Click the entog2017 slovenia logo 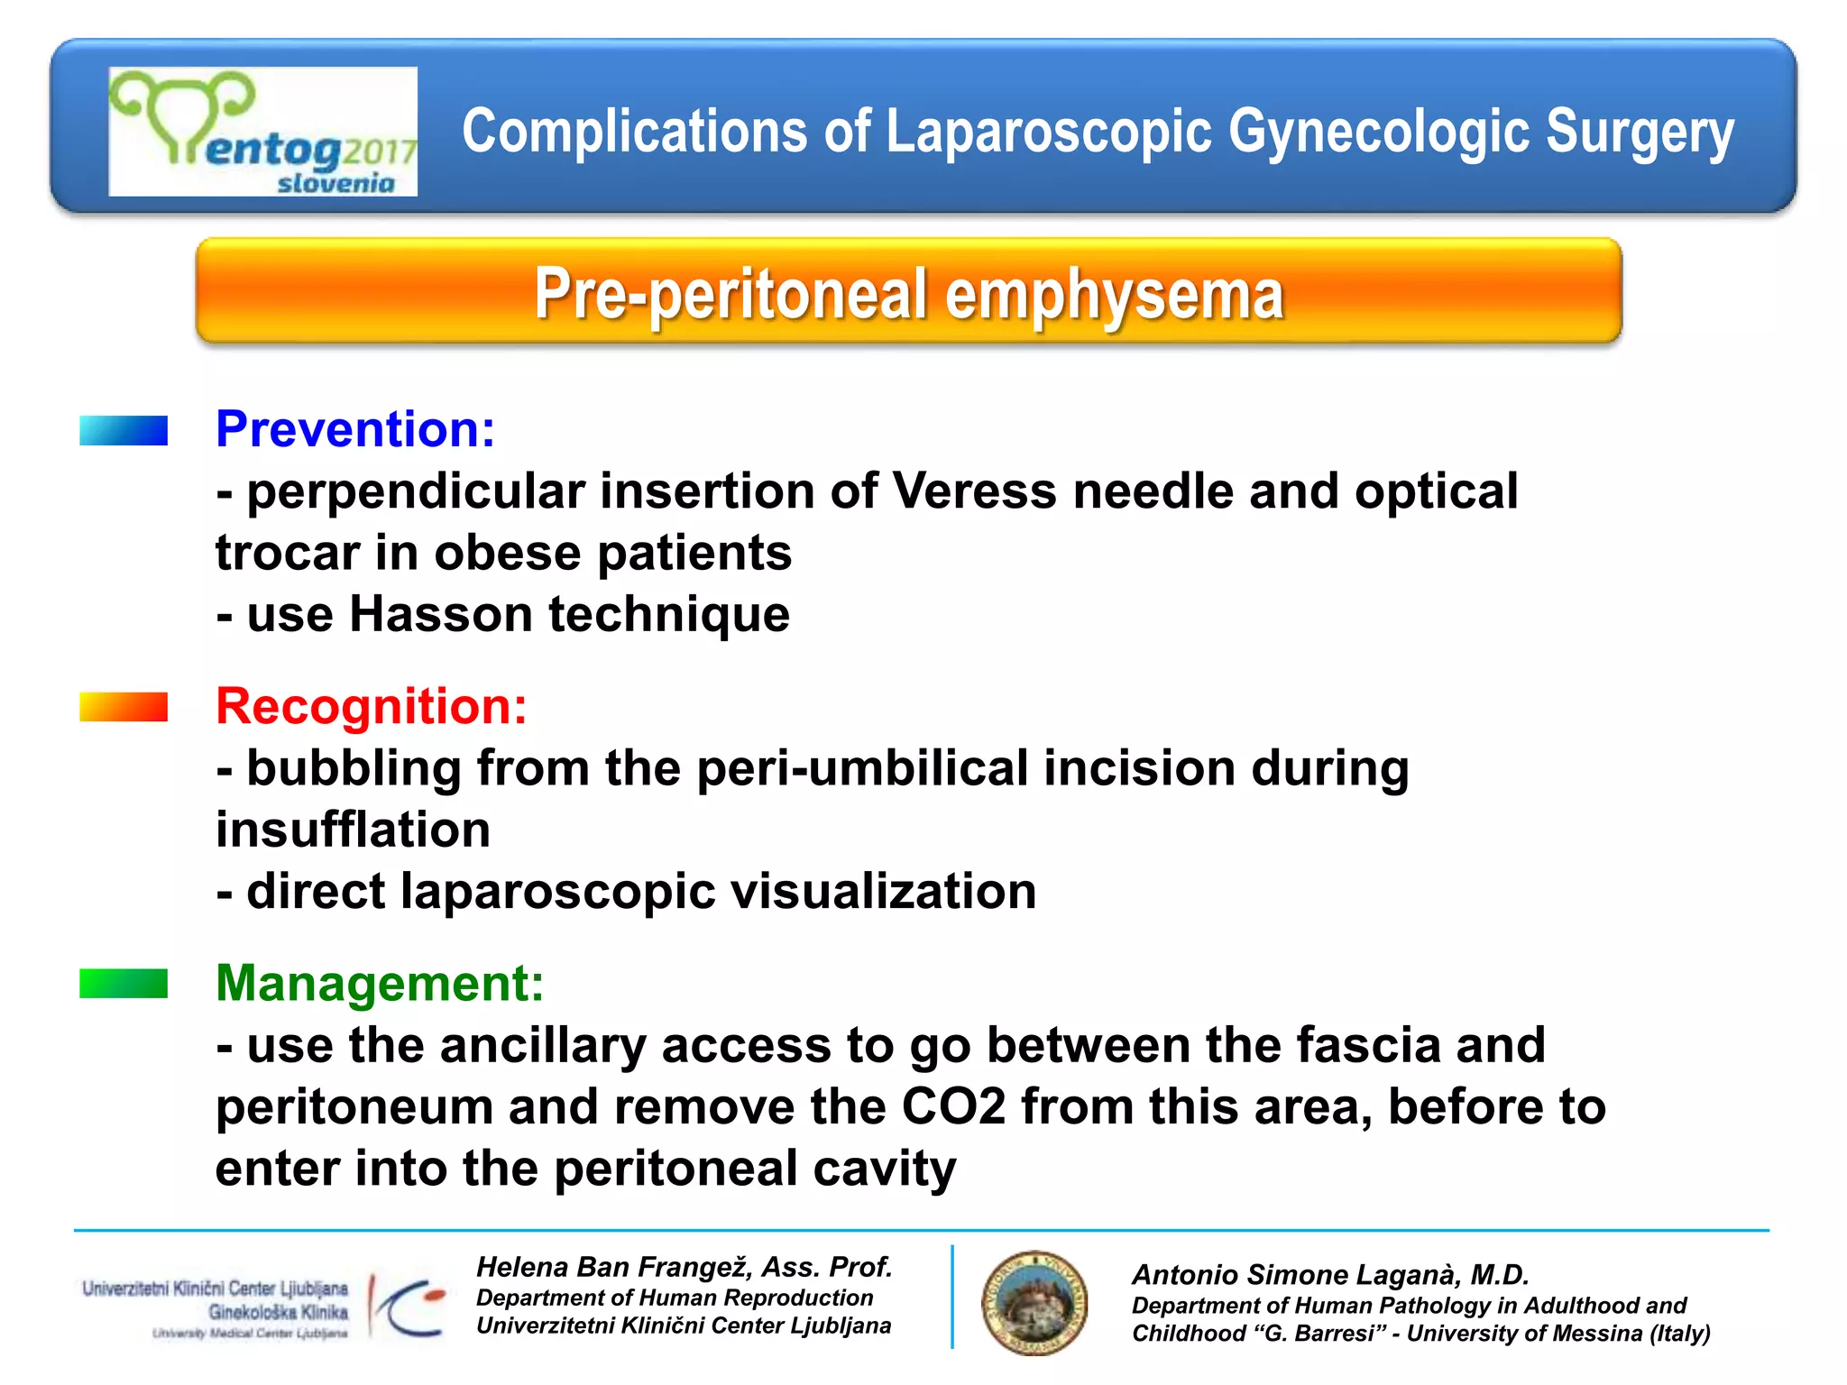[262, 132]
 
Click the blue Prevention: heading [355, 429]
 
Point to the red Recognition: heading [371, 706]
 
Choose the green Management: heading [380, 983]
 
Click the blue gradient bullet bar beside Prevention [124, 430]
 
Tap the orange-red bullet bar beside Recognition [124, 707]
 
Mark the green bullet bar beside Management [124, 984]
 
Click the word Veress [974, 491]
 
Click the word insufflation [353, 830]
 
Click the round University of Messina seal [1034, 1303]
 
